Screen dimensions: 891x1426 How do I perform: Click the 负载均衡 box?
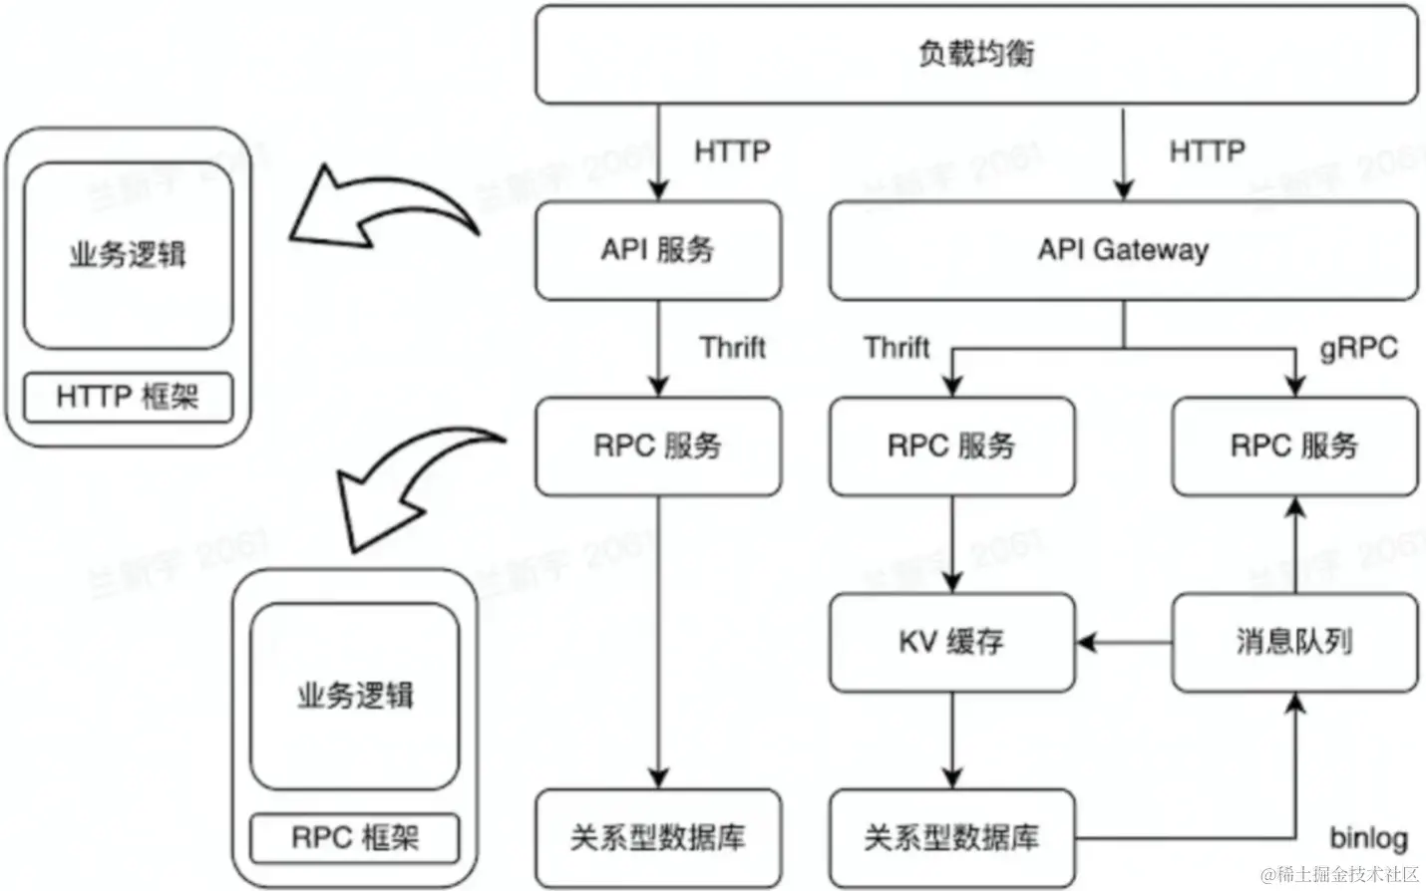[975, 54]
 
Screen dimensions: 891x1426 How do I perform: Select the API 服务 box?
[658, 250]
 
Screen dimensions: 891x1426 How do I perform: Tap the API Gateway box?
[1123, 250]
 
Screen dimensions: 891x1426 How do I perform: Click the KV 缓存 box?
[952, 642]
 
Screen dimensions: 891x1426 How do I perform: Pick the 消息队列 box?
[1294, 642]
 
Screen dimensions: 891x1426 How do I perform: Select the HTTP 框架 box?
[128, 397]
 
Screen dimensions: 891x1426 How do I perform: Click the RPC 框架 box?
[355, 837]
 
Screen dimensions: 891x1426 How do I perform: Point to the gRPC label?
[1358, 348]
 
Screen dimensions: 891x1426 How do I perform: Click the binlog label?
[1368, 837]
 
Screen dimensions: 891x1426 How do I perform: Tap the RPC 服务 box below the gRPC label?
[1294, 445]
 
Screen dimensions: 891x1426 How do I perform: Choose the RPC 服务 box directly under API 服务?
[658, 445]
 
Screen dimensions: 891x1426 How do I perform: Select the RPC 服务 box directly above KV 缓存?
[952, 445]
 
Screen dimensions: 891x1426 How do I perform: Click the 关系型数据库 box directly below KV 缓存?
[952, 837]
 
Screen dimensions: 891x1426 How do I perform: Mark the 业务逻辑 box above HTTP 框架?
[128, 255]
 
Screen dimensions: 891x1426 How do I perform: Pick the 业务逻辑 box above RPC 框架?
[355, 696]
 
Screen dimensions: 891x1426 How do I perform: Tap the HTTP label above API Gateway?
[1207, 151]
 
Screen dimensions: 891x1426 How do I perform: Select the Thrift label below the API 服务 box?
[732, 348]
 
